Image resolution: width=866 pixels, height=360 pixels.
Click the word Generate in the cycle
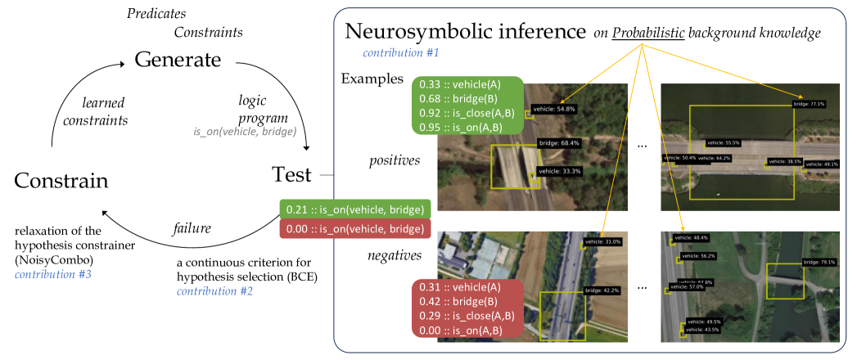(178, 61)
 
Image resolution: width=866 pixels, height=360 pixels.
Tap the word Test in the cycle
(293, 174)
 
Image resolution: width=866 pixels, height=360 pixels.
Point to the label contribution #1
(401, 53)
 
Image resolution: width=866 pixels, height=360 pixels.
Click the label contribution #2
(215, 290)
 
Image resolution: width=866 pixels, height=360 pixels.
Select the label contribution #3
(52, 274)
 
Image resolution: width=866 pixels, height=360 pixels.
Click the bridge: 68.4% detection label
(559, 143)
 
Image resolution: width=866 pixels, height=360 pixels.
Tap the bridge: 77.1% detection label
(810, 104)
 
